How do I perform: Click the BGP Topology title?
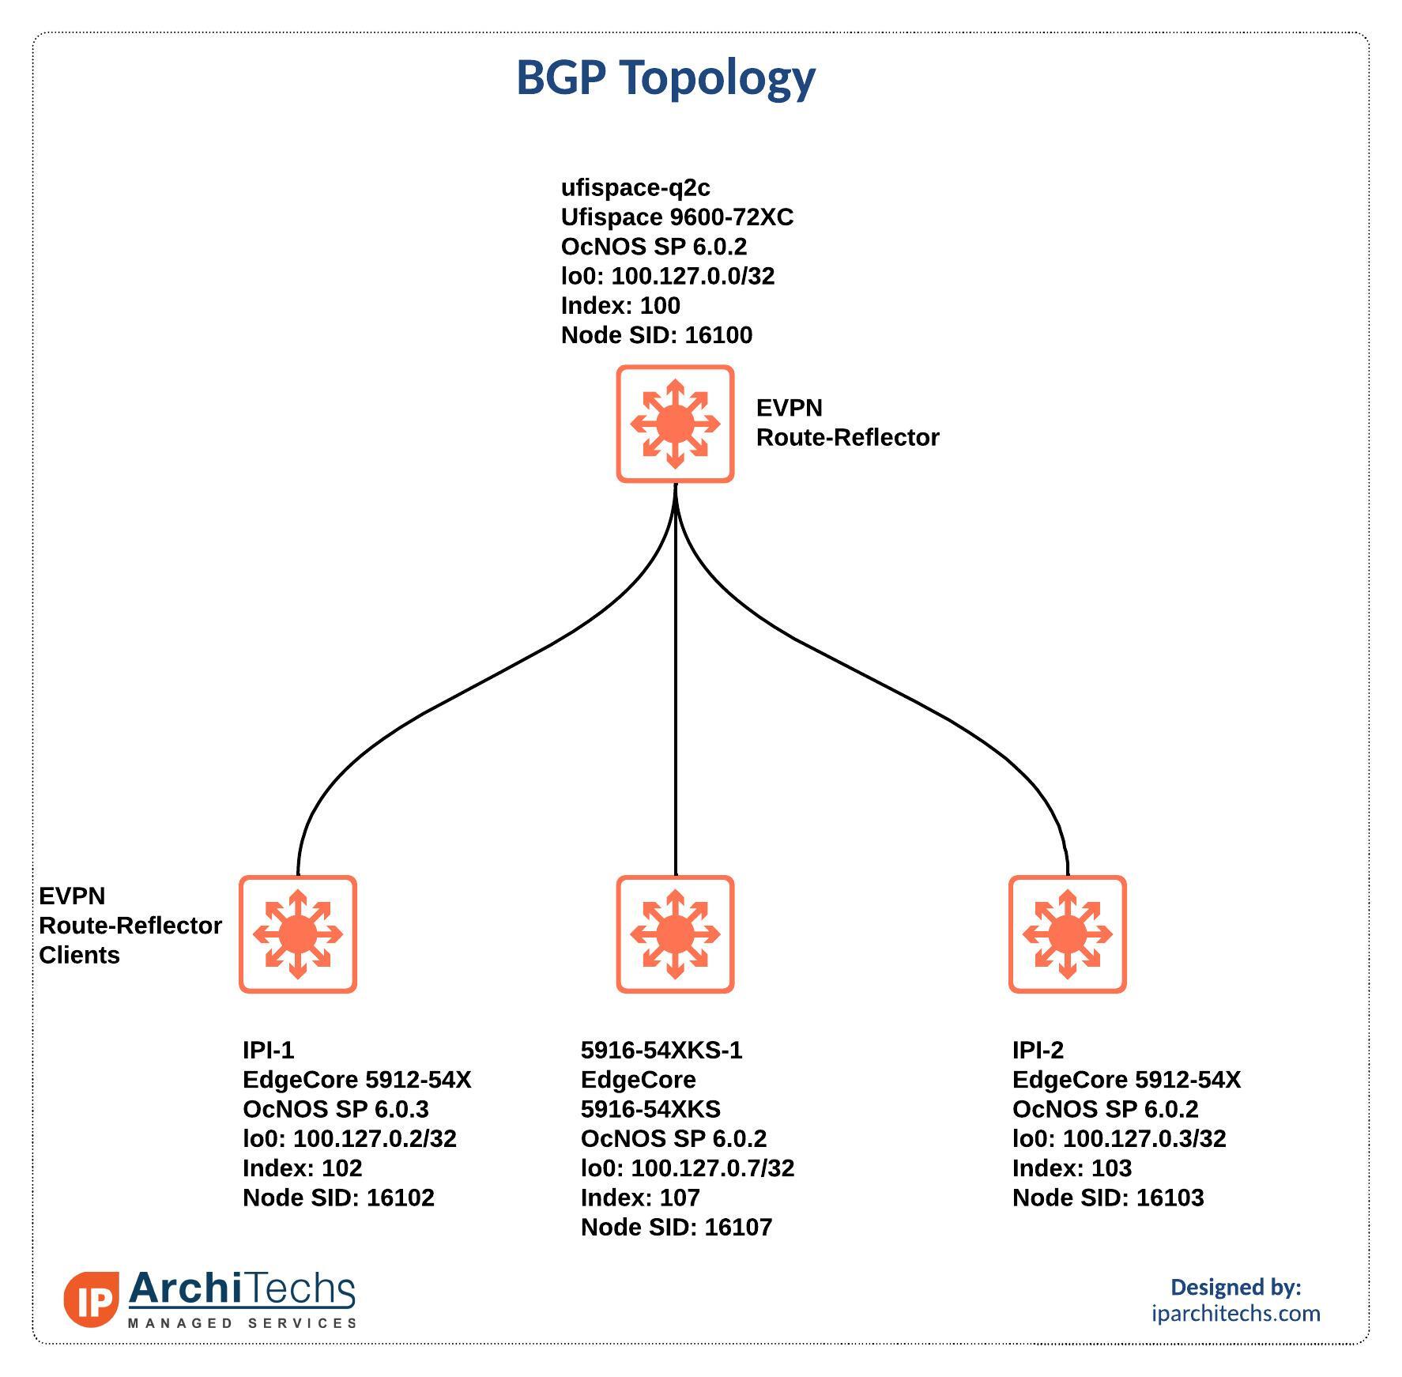coord(665,78)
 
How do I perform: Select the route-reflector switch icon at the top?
coord(675,424)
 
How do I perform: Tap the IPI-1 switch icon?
coord(298,934)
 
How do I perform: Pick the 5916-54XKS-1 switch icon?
coord(675,934)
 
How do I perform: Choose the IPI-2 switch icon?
coord(1068,934)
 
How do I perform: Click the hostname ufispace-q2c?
coord(635,188)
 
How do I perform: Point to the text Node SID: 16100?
coord(657,335)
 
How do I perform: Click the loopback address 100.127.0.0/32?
coord(693,276)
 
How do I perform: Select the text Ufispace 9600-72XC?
coord(677,217)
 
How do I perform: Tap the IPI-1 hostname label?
coord(268,1050)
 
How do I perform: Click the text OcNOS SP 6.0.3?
coord(336,1109)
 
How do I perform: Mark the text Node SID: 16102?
coord(338,1198)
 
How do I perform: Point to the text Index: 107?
coord(640,1198)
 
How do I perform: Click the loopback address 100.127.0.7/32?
coord(713,1168)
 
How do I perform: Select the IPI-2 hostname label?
coord(1038,1050)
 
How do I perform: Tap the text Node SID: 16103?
coord(1108,1198)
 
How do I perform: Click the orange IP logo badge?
coord(92,1299)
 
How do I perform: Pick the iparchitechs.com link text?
coord(1236,1313)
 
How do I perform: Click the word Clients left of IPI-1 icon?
coord(79,955)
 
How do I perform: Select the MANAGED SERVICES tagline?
coord(242,1323)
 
